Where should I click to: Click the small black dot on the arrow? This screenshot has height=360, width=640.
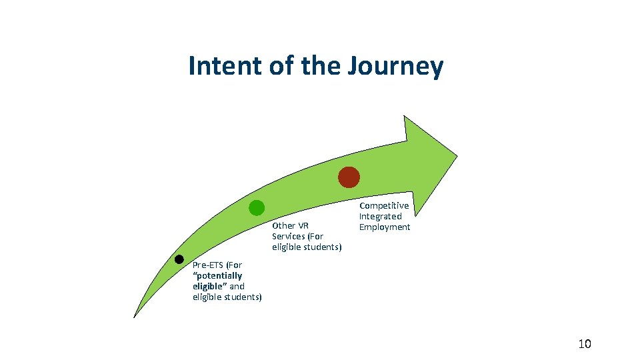tap(179, 259)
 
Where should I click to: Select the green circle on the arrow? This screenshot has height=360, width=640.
tap(257, 207)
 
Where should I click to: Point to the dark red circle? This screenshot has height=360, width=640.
tap(349, 177)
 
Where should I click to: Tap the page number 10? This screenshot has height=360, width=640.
tap(584, 344)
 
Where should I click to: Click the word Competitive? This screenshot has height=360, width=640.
tap(384, 205)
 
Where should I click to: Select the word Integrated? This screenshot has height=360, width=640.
tap(381, 216)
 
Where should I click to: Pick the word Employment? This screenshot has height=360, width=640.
tap(385, 227)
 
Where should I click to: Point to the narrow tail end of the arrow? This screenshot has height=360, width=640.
tap(136, 314)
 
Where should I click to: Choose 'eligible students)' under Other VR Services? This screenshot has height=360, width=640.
tap(307, 247)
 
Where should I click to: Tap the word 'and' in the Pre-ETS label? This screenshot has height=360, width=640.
tap(237, 286)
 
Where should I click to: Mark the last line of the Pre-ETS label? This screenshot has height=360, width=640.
tap(227, 297)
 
